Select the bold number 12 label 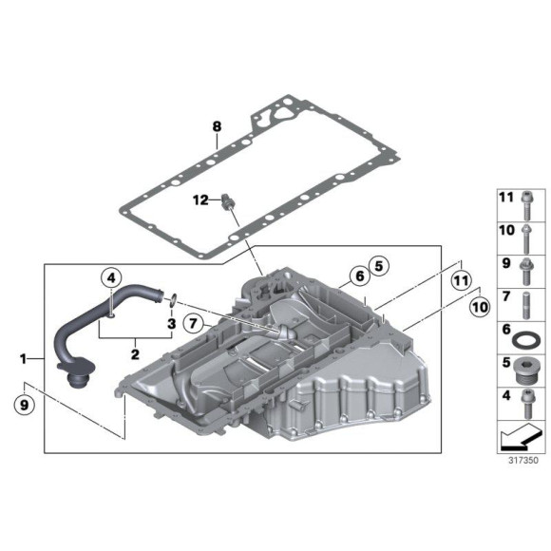[200, 199]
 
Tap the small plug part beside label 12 [227, 201]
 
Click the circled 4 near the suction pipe [111, 278]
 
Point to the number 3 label [172, 324]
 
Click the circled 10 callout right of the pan [477, 307]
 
